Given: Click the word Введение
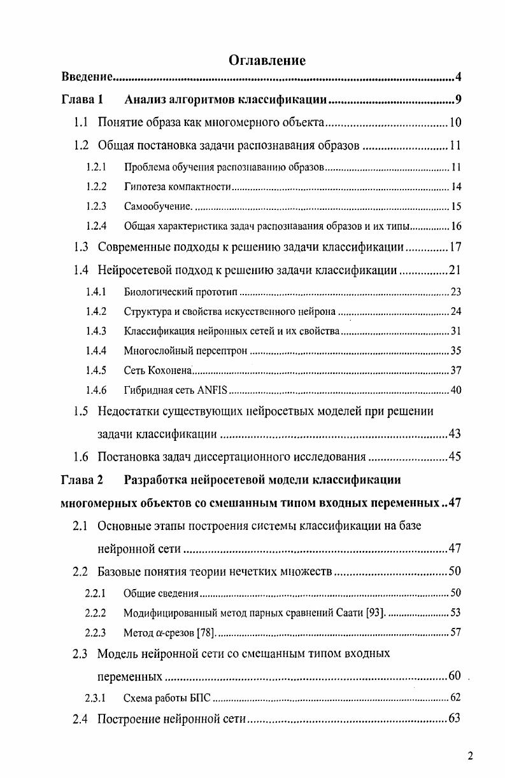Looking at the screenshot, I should click(x=87, y=78).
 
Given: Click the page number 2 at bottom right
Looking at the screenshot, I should click(x=470, y=756).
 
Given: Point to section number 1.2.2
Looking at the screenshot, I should click(x=96, y=187).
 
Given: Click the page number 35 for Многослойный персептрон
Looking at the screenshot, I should click(x=455, y=351).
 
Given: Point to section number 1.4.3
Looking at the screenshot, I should click(x=96, y=331).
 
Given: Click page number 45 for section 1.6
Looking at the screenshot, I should click(x=454, y=457).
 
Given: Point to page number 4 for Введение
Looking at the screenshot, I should click(x=458, y=78).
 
